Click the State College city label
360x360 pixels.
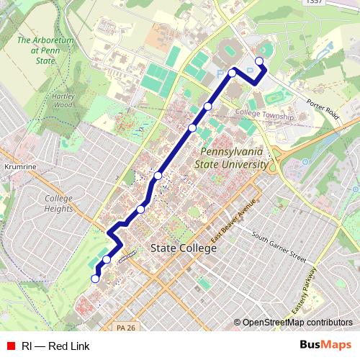tap(183, 248)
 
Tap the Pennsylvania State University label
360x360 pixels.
tap(233, 158)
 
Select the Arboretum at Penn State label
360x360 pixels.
tap(45, 51)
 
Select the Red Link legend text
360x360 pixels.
tap(55, 346)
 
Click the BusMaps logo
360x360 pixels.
tap(325, 345)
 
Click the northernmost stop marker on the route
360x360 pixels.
tap(259, 61)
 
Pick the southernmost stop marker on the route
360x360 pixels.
tap(94, 279)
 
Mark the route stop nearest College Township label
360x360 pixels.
tap(208, 107)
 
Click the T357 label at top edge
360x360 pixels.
tap(313, 3)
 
